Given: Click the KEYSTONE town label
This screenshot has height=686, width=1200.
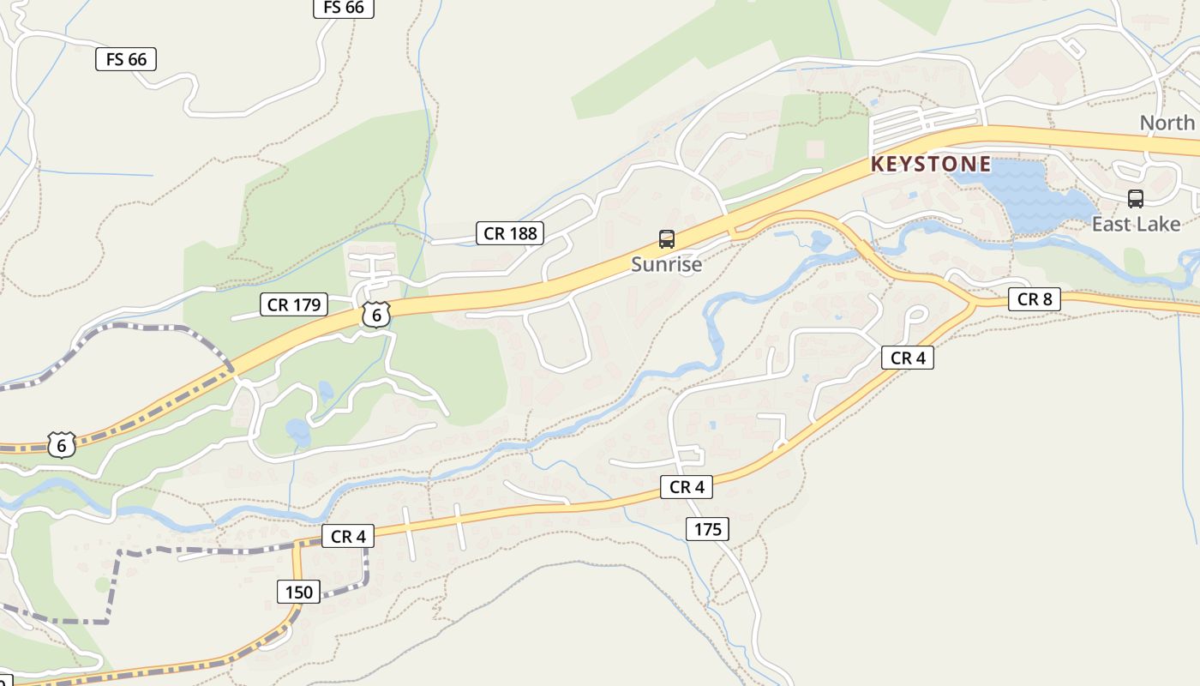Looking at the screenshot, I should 931,164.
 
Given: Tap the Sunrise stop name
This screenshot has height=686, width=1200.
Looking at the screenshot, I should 666,264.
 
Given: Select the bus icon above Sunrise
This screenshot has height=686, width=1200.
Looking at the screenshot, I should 666,239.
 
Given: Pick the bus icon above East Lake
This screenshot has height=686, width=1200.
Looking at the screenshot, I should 1136,199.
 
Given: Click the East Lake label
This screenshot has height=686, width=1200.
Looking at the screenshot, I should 1136,224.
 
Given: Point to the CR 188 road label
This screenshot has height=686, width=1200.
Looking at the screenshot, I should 510,232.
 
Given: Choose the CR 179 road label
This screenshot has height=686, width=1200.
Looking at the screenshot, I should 294,304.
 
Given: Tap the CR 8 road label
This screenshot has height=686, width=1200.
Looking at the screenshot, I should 1035,299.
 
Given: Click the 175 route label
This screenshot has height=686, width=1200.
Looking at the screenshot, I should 707,529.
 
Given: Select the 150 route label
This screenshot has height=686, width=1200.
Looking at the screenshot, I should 298,591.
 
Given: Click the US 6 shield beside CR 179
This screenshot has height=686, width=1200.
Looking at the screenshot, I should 375,315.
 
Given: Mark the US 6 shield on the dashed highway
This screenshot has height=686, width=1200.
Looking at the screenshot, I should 61,445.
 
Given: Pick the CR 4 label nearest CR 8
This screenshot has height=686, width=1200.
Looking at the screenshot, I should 908,358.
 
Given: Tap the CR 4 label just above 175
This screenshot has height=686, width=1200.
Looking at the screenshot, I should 687,487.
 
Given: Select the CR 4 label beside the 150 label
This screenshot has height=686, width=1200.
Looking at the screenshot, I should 348,537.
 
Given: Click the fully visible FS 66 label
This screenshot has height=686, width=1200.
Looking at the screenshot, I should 126,59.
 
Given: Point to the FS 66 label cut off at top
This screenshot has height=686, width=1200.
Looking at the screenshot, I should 343,8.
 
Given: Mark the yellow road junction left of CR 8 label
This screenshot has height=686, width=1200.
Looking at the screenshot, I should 974,303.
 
